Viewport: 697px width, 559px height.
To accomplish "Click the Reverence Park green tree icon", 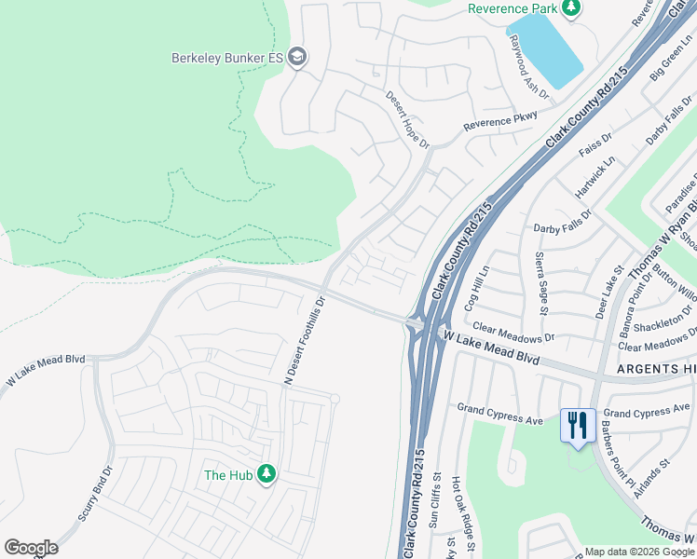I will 571,8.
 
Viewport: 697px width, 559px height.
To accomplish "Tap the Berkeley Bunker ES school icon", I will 297,58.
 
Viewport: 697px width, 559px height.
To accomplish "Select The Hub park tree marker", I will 267,474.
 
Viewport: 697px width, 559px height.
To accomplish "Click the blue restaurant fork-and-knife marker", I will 578,426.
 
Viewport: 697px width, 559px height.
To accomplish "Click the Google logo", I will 31,548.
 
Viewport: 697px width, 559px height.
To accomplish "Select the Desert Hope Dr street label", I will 408,119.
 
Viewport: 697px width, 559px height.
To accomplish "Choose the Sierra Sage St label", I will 541,283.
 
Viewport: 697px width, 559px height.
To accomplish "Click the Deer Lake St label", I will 608,292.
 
